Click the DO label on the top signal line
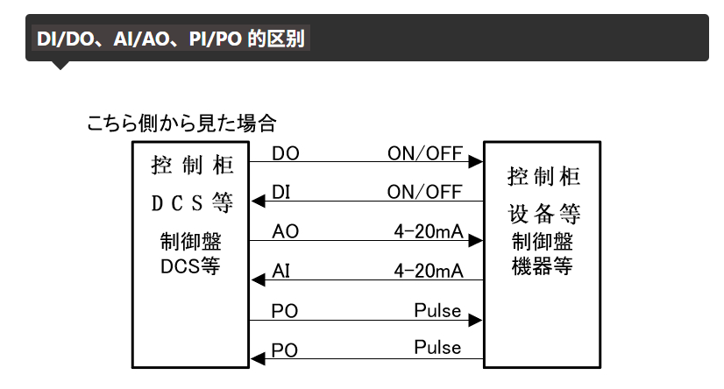[286, 153]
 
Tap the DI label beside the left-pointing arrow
[280, 193]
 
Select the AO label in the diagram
[286, 231]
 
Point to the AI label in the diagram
[280, 271]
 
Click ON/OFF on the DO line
[425, 153]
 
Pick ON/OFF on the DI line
[425, 193]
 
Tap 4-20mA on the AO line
[429, 231]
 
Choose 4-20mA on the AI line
[429, 271]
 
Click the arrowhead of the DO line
[476, 161]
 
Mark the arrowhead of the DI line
[258, 202]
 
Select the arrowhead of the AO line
[476, 240]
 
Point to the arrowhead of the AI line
[258, 279]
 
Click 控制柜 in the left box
[192, 166]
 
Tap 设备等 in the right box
[544, 214]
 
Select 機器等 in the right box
[542, 266]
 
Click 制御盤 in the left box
[191, 241]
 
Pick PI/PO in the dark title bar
[215, 39]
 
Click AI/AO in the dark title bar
[141, 39]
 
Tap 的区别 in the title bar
[276, 39]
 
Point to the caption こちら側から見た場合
[181, 124]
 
